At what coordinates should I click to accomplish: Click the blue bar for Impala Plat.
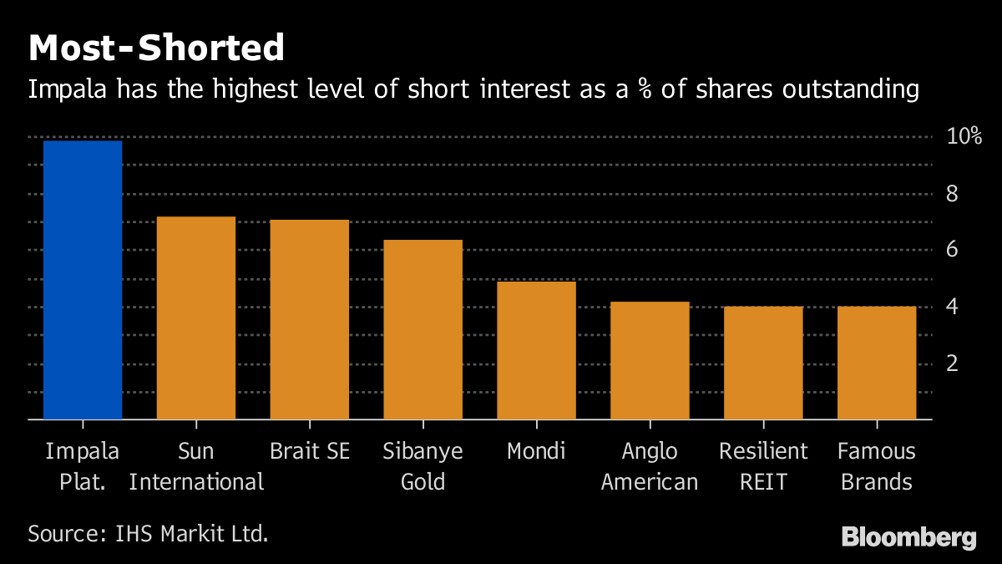click(83, 280)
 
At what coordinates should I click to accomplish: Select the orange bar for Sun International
click(196, 318)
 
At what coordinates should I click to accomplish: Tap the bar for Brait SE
click(310, 319)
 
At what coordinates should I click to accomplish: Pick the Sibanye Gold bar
click(423, 329)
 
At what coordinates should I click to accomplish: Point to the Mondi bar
click(537, 350)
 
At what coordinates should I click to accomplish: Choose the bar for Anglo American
click(650, 360)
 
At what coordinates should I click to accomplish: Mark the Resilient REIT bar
click(763, 363)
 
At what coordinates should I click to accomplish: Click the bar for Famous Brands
click(877, 363)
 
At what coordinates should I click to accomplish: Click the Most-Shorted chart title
click(156, 48)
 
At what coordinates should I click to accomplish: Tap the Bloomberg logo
click(908, 536)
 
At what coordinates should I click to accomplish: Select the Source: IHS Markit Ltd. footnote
click(148, 533)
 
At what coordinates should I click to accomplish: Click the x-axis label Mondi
click(536, 452)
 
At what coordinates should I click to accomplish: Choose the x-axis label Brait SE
click(310, 452)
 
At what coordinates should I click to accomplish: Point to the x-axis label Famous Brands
click(877, 467)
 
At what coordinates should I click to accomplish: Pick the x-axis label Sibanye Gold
click(423, 467)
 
